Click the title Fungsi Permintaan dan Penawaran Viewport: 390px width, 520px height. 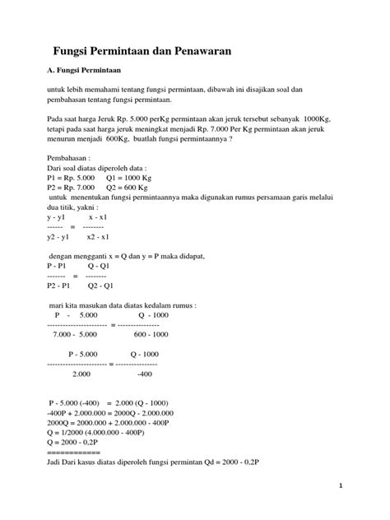142,50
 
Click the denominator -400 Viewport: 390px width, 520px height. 145,374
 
